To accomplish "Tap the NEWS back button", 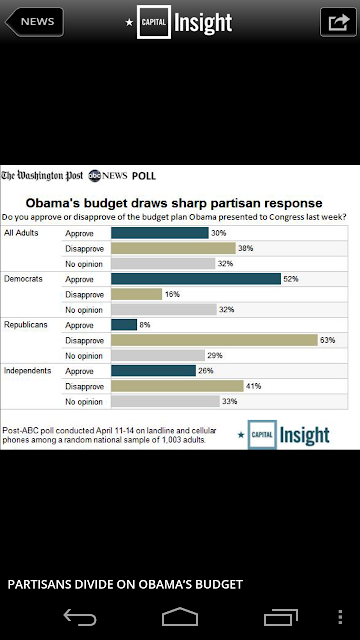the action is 34,22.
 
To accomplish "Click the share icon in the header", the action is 338,22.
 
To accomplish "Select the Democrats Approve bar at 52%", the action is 196,279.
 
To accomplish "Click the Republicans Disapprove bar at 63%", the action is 214,340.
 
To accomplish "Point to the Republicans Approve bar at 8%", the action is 124,325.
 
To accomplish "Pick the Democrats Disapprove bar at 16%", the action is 137,294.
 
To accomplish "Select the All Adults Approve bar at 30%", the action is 160,233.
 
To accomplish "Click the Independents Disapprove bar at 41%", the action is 177,386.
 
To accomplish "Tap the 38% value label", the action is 246,248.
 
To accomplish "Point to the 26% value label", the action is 206,371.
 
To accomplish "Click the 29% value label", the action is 215,356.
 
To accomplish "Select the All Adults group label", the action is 21,233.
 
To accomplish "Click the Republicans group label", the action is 26,325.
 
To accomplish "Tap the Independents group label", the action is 28,371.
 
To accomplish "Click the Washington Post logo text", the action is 42,176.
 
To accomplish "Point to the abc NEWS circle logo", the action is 94,176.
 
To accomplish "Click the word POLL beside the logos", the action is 144,176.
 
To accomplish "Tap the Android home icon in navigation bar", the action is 180,617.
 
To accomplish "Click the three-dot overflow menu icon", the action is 340,617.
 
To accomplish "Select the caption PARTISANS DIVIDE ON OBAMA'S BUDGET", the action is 125,584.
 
